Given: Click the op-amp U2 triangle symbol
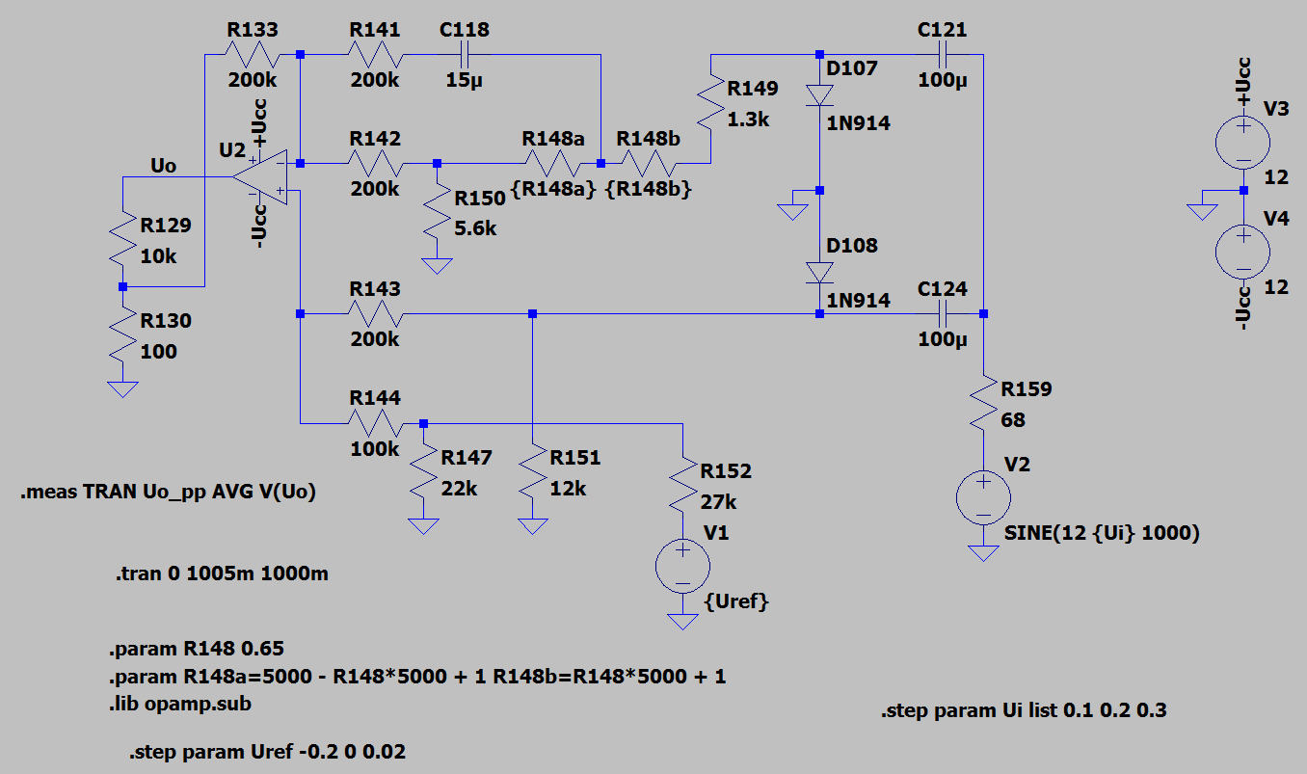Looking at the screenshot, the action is [x=260, y=176].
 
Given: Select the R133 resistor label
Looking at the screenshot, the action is [x=253, y=30].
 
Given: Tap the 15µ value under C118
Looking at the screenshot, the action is [x=464, y=80].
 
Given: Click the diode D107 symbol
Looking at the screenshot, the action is [x=819, y=95].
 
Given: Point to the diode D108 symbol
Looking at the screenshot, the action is [x=819, y=273].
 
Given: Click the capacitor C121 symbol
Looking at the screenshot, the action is [x=943, y=54].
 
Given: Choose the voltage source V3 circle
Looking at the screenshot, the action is [x=1242, y=143].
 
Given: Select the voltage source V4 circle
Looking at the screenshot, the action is [x=1242, y=253].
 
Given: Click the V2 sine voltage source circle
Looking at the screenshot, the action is [x=983, y=498].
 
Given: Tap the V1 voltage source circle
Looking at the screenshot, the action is [x=682, y=566].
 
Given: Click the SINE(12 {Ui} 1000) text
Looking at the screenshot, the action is [x=1102, y=532].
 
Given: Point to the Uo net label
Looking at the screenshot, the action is [x=163, y=166].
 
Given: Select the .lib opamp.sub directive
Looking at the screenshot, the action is [x=179, y=704].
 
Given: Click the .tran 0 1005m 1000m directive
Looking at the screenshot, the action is [x=222, y=574].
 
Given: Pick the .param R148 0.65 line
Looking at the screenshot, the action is [x=196, y=649].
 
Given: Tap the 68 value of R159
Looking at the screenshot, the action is [x=1013, y=419].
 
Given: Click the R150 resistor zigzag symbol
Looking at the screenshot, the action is [x=437, y=212].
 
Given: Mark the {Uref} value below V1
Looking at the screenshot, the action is [x=736, y=601].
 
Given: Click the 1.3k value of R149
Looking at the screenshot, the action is [x=748, y=120].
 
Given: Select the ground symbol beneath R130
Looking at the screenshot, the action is [x=122, y=389].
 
